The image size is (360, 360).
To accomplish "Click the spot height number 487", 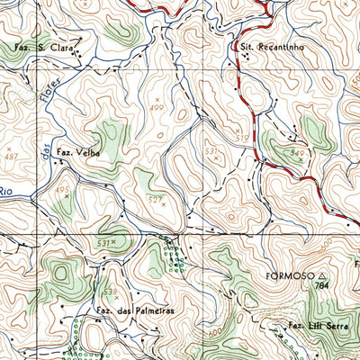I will [x=9, y=156].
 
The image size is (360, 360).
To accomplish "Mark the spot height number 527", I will [x=155, y=198].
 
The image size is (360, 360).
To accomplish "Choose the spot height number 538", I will [x=110, y=292].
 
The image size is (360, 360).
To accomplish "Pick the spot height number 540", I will [x=298, y=154].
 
